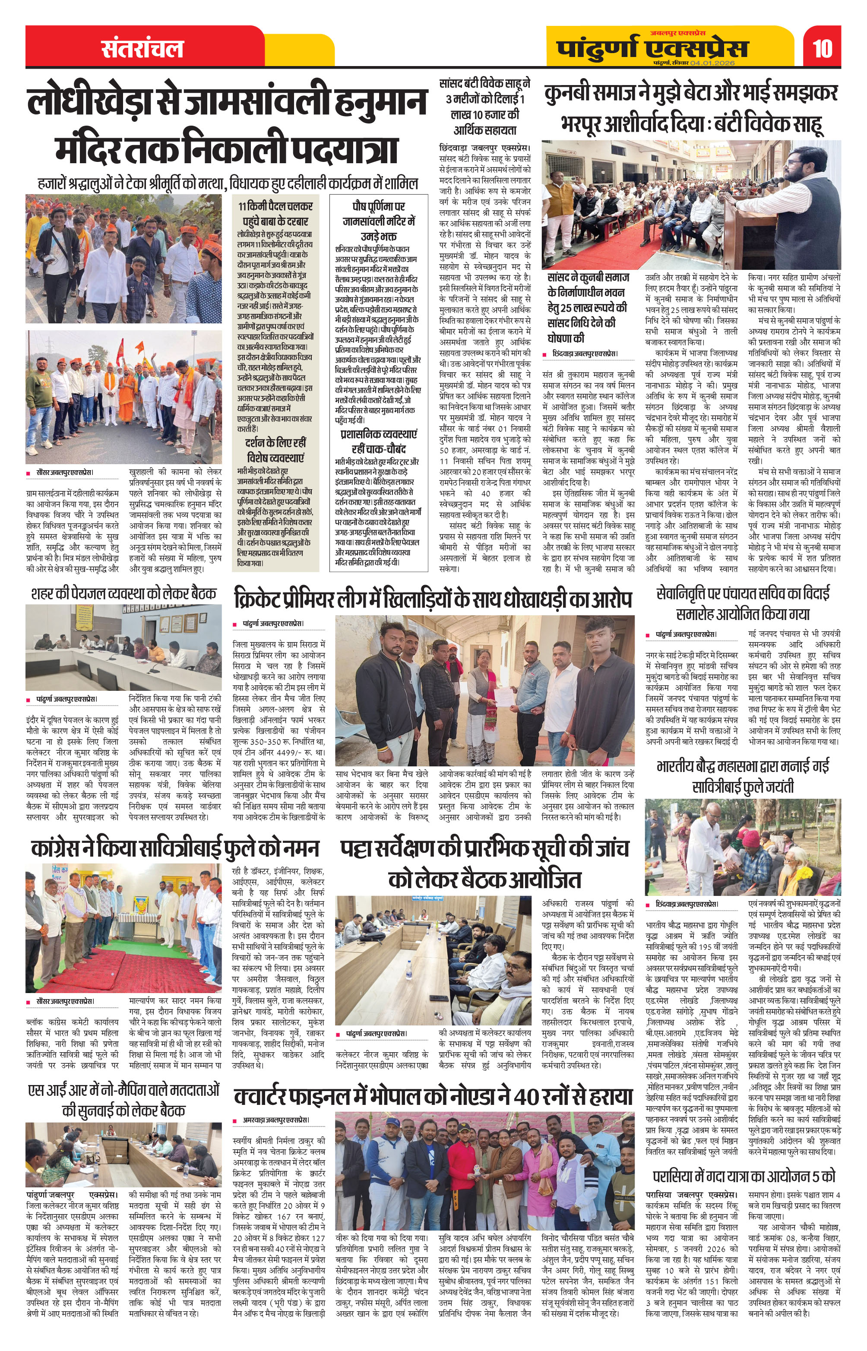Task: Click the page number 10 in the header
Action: [823, 48]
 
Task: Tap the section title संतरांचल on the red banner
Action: [142, 49]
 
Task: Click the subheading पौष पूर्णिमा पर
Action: [378, 206]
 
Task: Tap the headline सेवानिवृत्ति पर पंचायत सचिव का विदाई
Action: [743, 593]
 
